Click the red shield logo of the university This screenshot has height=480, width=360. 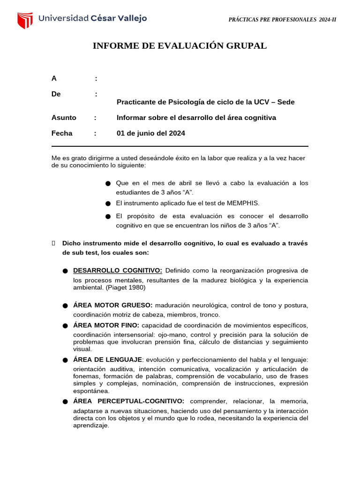click(25, 20)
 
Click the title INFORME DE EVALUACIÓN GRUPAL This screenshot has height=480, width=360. click(180, 46)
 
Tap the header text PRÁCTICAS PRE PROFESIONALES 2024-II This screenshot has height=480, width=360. click(282, 20)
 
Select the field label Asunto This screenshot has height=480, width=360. click(64, 118)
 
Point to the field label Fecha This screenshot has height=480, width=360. click(62, 133)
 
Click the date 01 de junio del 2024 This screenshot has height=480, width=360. click(150, 133)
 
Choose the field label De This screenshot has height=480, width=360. click(56, 94)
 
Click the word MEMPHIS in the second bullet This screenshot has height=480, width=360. click(242, 203)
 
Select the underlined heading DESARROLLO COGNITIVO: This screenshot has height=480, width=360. click(118, 270)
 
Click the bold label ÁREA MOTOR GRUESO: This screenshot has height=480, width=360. click(112, 305)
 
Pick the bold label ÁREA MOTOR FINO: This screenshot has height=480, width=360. click(106, 325)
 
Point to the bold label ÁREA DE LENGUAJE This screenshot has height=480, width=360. click(107, 360)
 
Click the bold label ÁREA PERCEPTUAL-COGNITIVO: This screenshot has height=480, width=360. click(128, 401)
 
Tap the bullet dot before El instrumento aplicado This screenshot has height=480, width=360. click(108, 203)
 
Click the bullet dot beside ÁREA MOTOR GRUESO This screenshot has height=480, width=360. click(65, 306)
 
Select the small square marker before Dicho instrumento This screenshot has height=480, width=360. click(53, 243)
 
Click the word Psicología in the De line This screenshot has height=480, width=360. click(182, 102)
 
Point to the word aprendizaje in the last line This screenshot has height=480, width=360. click(91, 426)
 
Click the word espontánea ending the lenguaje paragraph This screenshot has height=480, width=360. click(91, 391)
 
